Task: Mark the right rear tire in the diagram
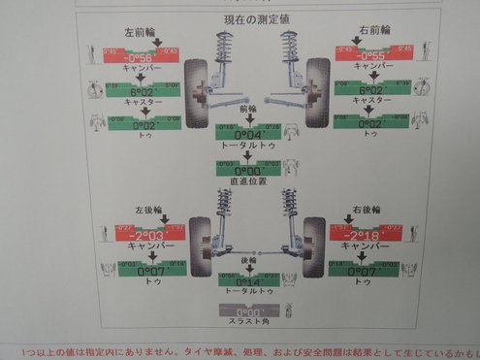(312, 245)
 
